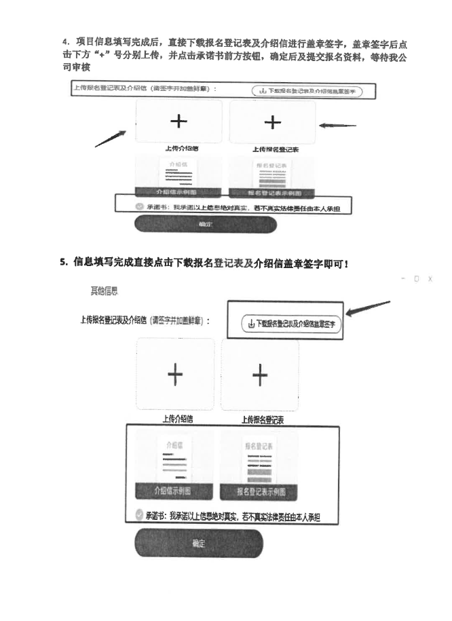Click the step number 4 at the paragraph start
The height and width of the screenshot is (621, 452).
tap(64, 42)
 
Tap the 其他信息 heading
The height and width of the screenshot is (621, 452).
tap(105, 291)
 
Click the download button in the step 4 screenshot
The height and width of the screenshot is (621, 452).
tap(307, 91)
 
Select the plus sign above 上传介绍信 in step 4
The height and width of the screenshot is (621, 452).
tap(178, 121)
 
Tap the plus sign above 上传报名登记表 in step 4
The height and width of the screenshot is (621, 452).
tap(272, 122)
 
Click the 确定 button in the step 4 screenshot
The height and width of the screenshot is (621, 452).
tap(206, 225)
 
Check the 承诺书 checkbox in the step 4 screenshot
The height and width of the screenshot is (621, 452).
tap(139, 206)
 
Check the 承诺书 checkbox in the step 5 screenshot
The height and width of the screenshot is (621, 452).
tap(139, 516)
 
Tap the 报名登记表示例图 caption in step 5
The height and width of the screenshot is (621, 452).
tap(261, 491)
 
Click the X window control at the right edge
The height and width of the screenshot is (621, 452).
tap(430, 278)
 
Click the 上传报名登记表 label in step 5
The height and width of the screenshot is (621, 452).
tap(262, 420)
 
